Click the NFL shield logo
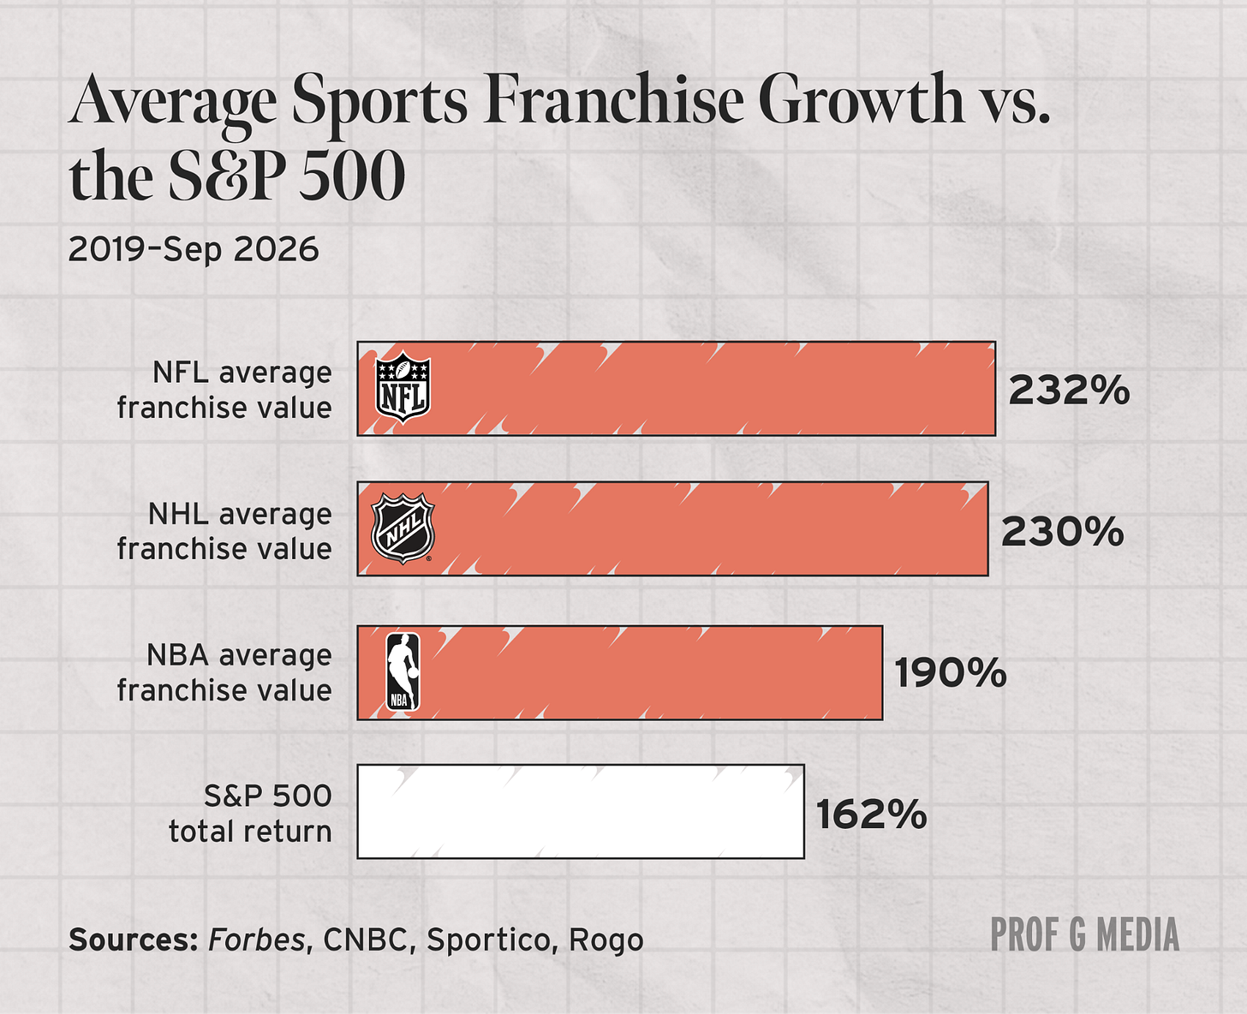point(403,387)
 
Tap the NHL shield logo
point(403,528)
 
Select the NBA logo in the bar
point(403,671)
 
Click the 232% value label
point(1069,390)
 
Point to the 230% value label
point(1063,532)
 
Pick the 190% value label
point(951,673)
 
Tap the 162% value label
point(872,814)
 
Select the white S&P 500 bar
point(581,811)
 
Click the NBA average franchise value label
point(224,672)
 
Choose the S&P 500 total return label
point(251,814)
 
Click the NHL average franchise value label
point(224,531)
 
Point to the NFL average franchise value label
point(224,390)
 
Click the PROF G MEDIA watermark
point(1085,935)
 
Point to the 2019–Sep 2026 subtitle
point(194,250)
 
